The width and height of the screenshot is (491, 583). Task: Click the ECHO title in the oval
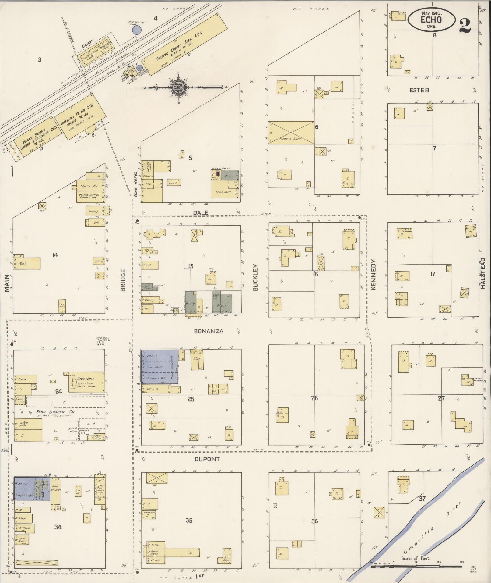[431, 20]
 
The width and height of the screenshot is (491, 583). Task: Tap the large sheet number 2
[465, 26]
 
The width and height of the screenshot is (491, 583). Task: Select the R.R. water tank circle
[137, 30]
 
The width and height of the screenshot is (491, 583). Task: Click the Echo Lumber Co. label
[60, 411]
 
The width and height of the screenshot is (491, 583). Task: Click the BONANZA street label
[209, 331]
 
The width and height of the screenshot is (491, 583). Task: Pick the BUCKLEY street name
[255, 277]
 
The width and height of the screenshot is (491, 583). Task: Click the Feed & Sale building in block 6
[291, 133]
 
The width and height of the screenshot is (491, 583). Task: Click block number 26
[314, 398]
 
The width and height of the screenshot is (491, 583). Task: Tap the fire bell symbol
[100, 342]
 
